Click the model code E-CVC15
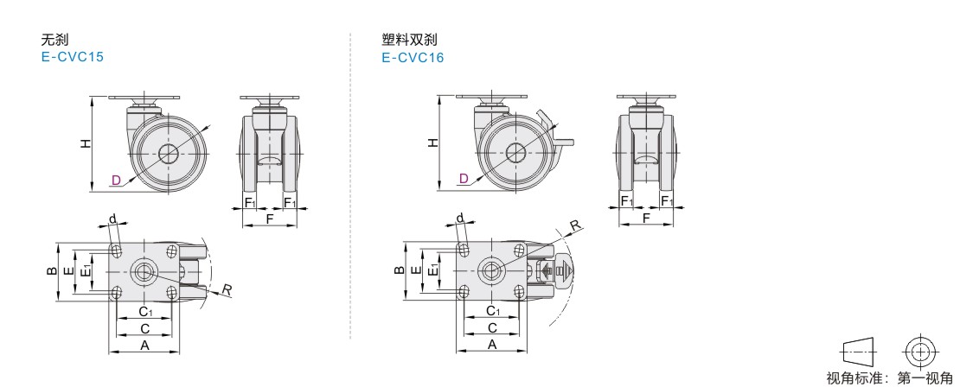(72, 57)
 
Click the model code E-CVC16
(413, 58)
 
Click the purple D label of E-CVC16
(464, 179)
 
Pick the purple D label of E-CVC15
(116, 180)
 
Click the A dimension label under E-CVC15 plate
(145, 346)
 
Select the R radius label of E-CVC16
(575, 225)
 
